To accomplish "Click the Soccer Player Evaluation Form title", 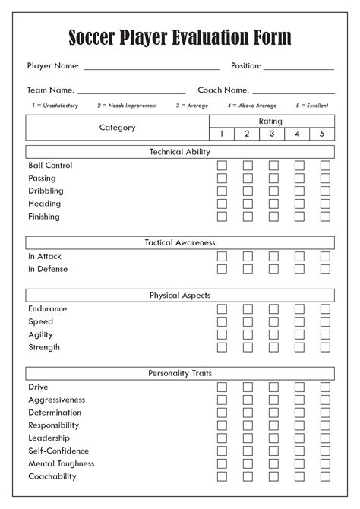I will click(180, 37).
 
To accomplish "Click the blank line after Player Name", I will click(152, 68).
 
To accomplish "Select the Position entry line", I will click(298, 68).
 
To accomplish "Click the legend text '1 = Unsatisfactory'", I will click(55, 106).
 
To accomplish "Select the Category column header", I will click(117, 128).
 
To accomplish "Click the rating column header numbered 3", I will click(272, 134).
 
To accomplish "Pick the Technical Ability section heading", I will click(180, 152).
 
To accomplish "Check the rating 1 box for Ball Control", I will click(222, 166).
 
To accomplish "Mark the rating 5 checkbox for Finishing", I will click(325, 217).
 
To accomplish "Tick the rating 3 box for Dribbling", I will click(273, 191).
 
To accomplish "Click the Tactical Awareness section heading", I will click(180, 243).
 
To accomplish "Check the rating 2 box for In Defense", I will click(248, 269).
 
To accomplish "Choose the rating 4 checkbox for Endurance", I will click(299, 309).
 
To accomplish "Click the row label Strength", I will click(44, 347).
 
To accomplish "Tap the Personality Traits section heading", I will click(180, 374).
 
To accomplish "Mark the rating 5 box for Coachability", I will click(325, 476).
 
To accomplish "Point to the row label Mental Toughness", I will click(62, 463).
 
